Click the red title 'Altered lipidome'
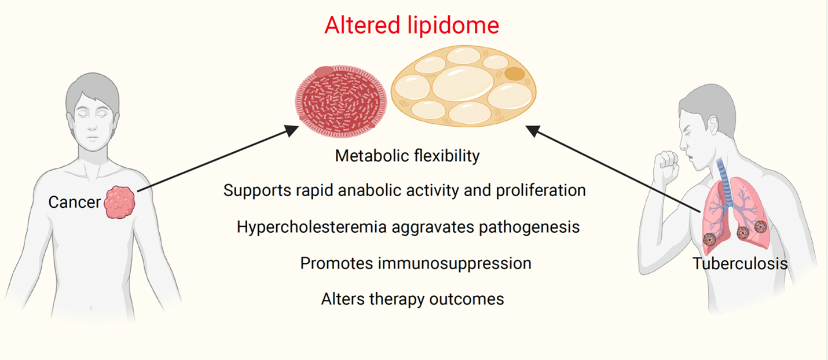click(x=412, y=25)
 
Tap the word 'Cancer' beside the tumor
click(x=74, y=202)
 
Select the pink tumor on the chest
click(x=119, y=202)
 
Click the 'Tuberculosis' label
click(x=739, y=263)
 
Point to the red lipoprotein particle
click(x=341, y=101)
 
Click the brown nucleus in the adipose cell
click(x=515, y=74)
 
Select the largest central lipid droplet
click(x=463, y=83)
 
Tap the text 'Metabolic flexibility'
click(x=407, y=156)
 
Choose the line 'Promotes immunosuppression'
click(x=416, y=263)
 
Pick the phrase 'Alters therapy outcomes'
click(x=412, y=299)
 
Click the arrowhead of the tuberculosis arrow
click(x=533, y=130)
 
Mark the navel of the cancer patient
click(x=91, y=307)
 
